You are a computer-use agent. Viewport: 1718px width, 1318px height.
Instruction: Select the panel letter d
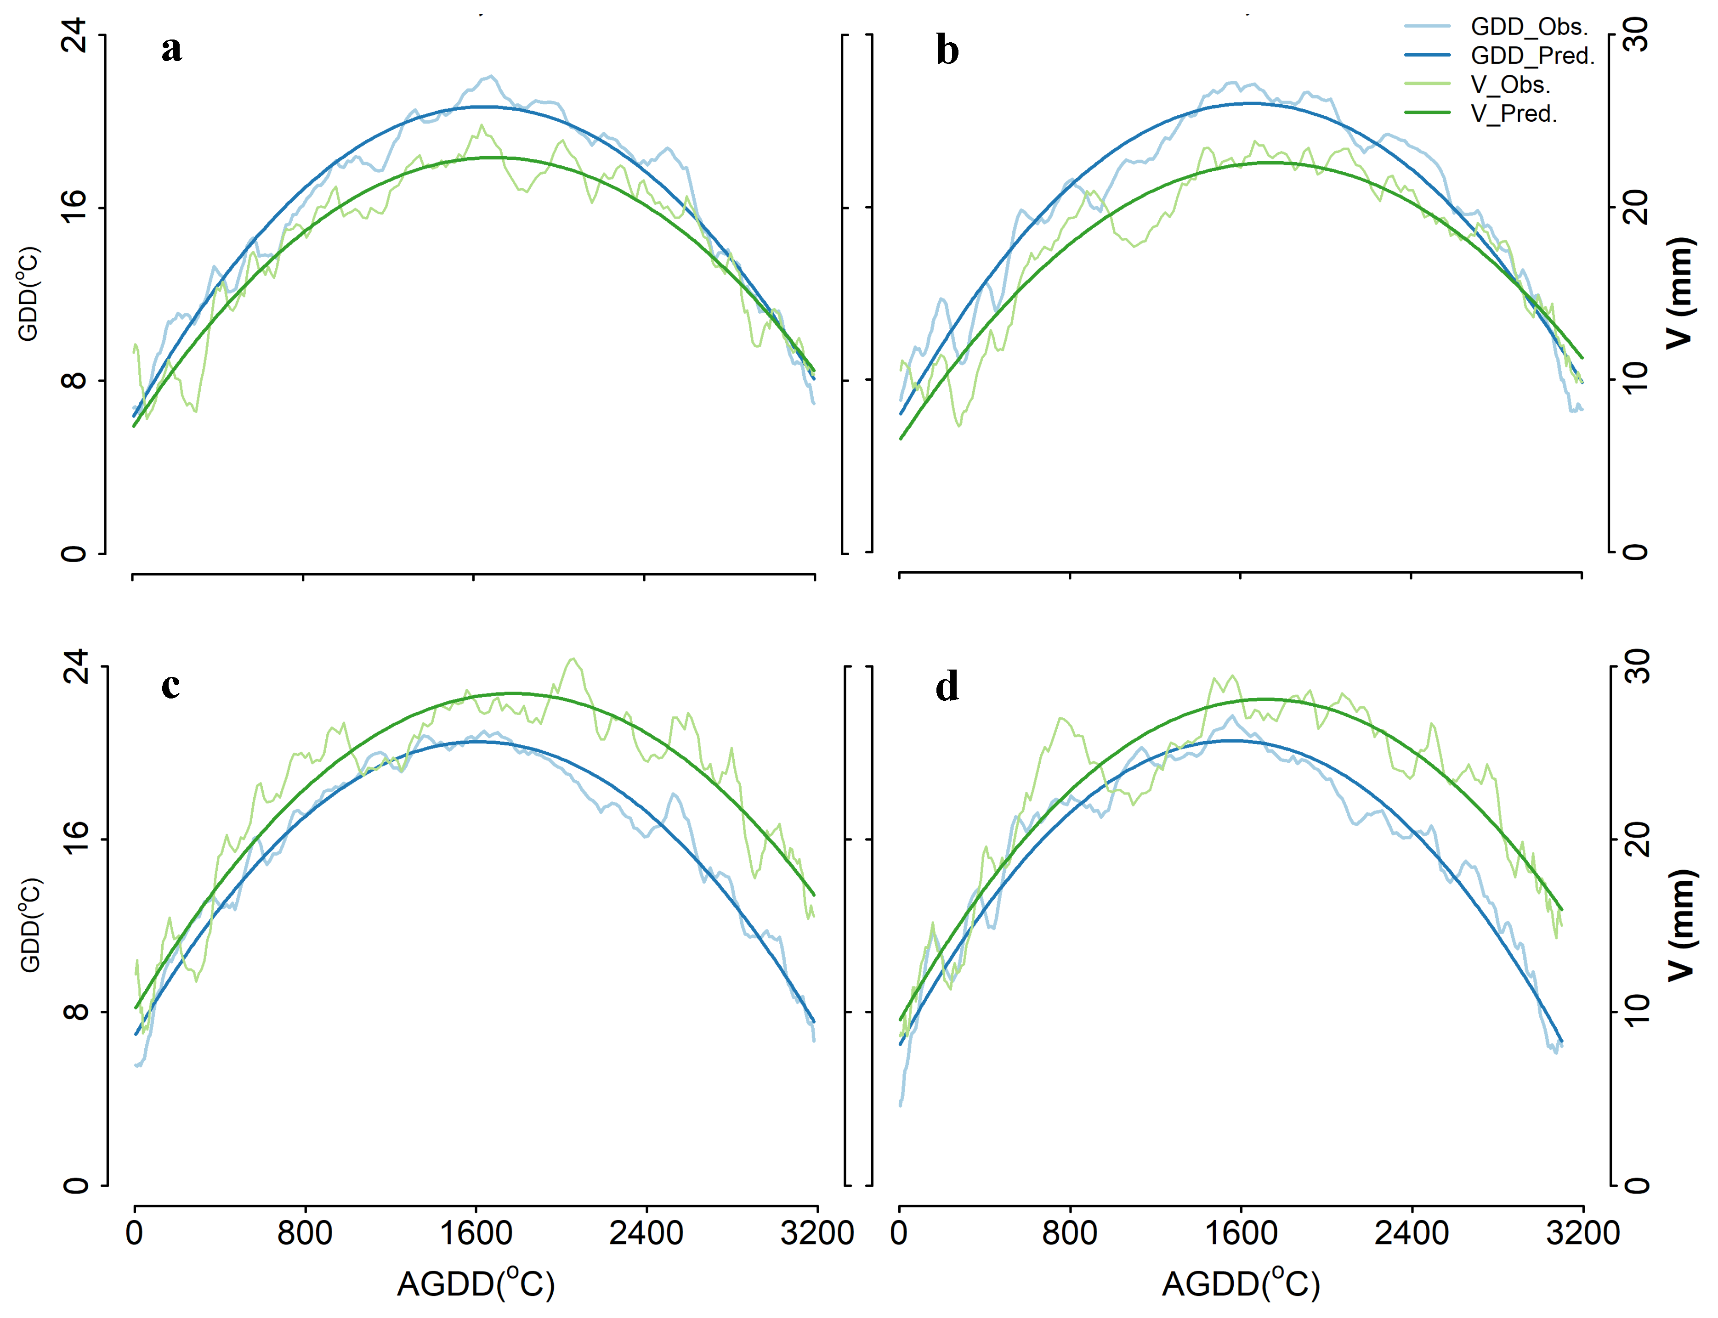click(x=947, y=687)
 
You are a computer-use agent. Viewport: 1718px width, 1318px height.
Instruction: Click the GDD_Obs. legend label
click(x=1529, y=27)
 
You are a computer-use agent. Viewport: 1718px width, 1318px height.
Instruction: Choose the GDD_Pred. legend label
click(x=1532, y=56)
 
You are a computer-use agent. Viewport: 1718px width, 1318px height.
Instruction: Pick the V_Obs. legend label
click(x=1510, y=84)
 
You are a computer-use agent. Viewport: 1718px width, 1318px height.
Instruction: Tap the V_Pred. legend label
click(x=1513, y=114)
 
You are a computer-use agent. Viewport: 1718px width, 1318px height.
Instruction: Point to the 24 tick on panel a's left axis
click(x=74, y=35)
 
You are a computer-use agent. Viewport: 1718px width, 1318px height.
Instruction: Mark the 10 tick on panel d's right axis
click(x=1637, y=1011)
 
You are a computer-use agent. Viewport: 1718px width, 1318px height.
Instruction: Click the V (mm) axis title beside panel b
click(x=1679, y=293)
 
